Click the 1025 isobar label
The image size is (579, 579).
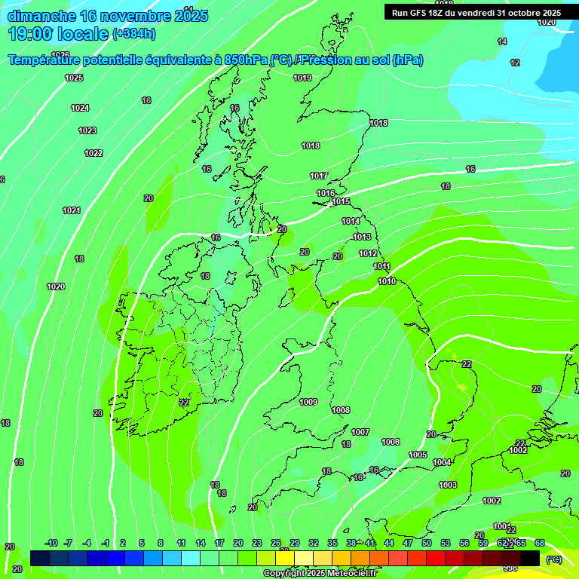74,78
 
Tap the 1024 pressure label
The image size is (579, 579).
80,108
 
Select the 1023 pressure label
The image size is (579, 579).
87,130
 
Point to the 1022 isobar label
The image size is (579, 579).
93,153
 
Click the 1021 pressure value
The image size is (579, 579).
72,210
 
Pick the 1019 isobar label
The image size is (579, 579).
302,78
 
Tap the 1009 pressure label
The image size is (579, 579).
308,402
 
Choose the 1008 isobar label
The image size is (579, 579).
341,410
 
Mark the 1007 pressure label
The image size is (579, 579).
360,432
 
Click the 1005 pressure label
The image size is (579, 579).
418,455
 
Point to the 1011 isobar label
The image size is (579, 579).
381,266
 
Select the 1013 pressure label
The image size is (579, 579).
362,237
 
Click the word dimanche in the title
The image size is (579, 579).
41,16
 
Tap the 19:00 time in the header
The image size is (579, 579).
30,34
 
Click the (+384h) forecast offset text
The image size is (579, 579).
134,34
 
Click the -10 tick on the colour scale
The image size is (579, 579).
51,543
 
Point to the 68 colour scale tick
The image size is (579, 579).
540,543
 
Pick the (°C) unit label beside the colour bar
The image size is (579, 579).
553,559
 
